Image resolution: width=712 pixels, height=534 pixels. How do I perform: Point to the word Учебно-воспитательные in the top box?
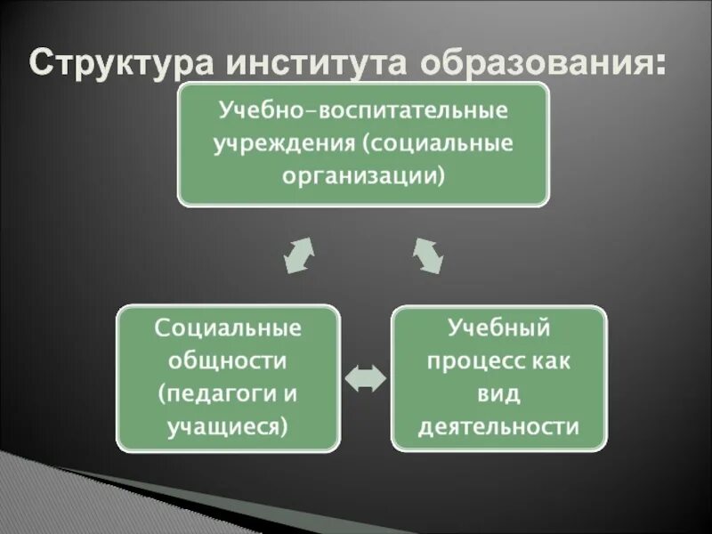pyautogui.click(x=364, y=113)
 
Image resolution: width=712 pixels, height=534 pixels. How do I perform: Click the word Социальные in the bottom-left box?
pyautogui.click(x=228, y=328)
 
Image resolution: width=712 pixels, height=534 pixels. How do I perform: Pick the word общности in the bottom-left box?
pyautogui.click(x=228, y=360)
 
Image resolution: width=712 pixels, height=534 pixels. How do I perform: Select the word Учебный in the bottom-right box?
pyautogui.click(x=499, y=328)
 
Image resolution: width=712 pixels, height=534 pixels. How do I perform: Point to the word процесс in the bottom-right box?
pyautogui.click(x=472, y=360)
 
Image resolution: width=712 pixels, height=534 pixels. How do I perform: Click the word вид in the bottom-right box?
pyautogui.click(x=499, y=393)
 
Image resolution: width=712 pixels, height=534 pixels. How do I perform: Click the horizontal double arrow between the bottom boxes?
pyautogui.click(x=365, y=379)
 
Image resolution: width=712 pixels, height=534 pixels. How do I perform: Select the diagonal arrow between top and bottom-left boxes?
pyautogui.click(x=298, y=255)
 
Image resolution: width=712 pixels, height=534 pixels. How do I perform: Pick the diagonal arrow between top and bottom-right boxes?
pyautogui.click(x=428, y=255)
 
